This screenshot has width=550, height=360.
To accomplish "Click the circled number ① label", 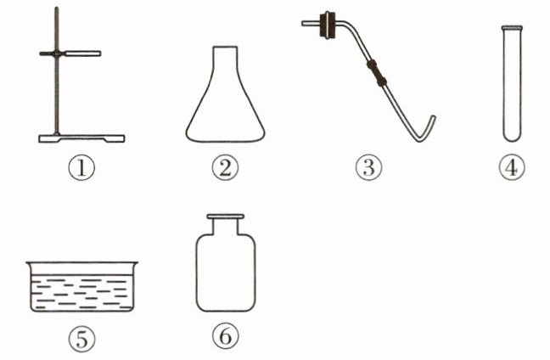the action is pos(81,168).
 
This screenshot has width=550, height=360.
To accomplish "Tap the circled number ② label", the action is pos(225,168).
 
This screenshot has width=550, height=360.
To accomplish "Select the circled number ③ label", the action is pos(368,168).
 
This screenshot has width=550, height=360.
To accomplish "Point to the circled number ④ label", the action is pos(512,168).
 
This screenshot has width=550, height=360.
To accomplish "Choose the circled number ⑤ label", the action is pos(81,339).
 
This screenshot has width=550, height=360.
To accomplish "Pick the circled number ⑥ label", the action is pos(226,335).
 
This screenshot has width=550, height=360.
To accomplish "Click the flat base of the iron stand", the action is pos(81,138).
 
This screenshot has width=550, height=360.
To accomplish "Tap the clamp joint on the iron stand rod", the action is pos(57,53).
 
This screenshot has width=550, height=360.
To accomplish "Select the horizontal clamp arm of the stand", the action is pos(82,53).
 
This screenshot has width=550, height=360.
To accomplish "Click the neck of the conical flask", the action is pos(225,56).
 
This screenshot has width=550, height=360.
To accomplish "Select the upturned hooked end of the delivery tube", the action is pos(428,129).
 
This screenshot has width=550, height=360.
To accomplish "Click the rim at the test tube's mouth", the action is pos(512,27).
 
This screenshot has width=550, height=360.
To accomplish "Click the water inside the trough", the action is pos(82,292).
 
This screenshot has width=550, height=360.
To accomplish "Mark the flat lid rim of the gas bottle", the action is pos(225,217).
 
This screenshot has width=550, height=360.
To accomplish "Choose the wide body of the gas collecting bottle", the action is pos(225,273).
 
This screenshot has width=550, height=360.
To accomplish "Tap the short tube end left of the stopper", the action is pos(311,24).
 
